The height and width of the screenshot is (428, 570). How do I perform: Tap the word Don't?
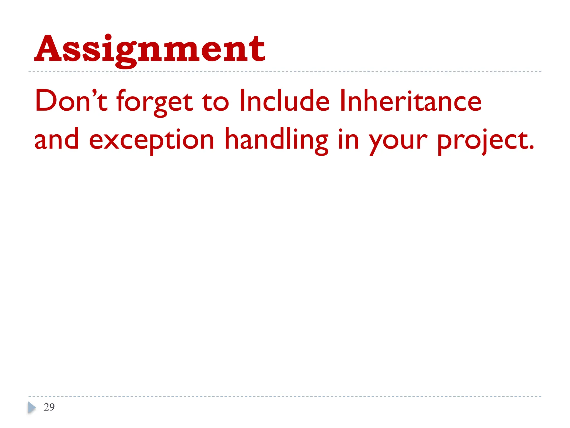[x=71, y=101]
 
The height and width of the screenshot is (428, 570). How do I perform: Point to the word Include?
[x=284, y=101]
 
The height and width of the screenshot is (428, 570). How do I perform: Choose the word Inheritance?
[x=410, y=101]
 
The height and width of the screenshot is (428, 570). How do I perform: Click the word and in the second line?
[x=57, y=139]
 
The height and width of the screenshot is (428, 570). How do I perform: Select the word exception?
[x=151, y=140]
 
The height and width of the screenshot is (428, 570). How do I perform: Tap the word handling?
[x=276, y=140]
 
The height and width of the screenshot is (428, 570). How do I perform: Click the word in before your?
[x=348, y=139]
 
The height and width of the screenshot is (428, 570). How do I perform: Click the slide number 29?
[x=49, y=407]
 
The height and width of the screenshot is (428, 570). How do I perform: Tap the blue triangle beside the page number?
[x=32, y=407]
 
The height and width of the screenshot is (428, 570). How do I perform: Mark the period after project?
[x=531, y=147]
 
